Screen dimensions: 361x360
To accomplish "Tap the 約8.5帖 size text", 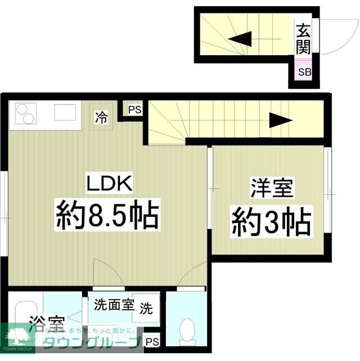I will (106, 215).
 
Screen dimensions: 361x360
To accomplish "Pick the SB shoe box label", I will (304, 72).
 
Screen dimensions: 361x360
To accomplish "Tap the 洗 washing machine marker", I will (146, 309).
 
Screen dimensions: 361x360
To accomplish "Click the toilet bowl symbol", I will (186, 329).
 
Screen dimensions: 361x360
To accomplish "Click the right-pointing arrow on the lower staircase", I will (281, 120).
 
